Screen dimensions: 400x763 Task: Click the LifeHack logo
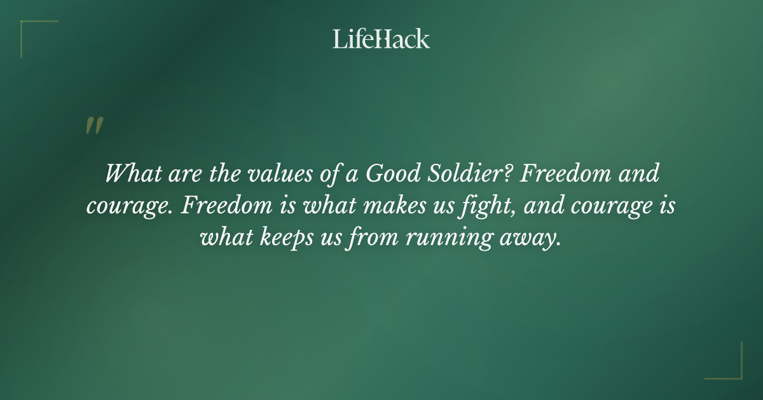click(381, 39)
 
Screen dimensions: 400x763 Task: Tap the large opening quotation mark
click(94, 126)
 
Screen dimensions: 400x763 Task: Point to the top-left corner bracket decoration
click(32, 32)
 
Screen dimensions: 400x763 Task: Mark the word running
click(447, 240)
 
